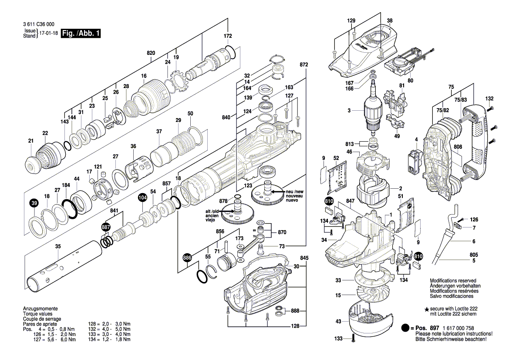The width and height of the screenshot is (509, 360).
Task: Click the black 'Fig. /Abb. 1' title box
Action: pos(81,34)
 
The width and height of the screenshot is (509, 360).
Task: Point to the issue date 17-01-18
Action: pos(48,34)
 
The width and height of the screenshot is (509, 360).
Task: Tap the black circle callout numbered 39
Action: pos(34,203)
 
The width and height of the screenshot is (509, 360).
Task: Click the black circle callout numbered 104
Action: pos(142,197)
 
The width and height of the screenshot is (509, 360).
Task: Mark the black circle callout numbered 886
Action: pos(187,258)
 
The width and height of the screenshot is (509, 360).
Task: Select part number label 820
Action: pos(151,53)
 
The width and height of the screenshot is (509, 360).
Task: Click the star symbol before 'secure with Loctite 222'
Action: pos(426,309)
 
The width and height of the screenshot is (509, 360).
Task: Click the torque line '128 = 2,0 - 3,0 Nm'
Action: pos(109,324)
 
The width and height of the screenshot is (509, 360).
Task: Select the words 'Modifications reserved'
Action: pos(453,281)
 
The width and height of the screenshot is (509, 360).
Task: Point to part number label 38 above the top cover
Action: pos(389,20)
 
